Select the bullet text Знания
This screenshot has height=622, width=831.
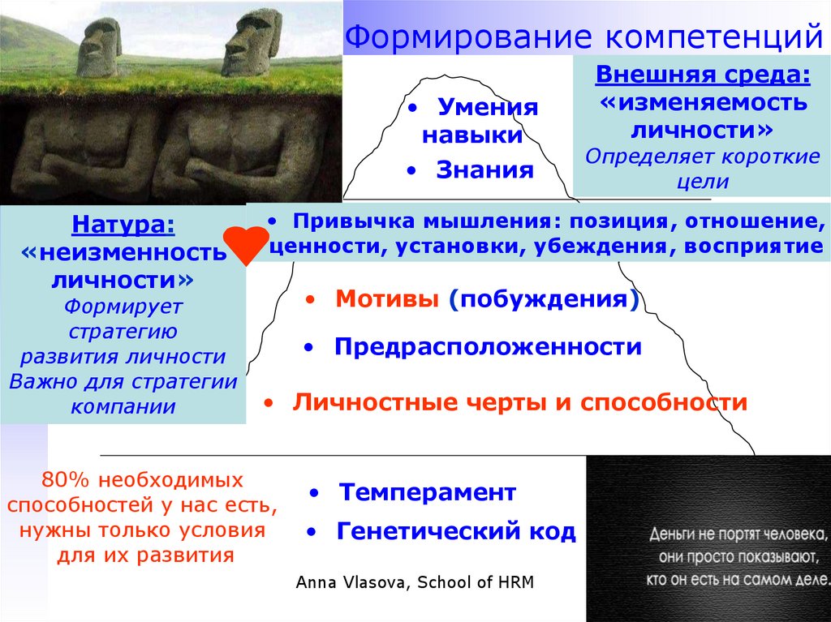point(484,169)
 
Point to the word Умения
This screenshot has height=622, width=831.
point(488,108)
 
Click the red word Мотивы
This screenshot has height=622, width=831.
point(385,299)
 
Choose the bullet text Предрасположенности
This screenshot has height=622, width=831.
point(487,347)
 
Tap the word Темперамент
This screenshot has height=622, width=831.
point(427,491)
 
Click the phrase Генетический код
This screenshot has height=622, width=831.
point(455,531)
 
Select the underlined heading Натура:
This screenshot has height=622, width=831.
point(123,224)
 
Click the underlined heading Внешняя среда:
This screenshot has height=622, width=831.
point(702,75)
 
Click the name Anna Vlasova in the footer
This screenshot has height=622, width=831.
point(352,582)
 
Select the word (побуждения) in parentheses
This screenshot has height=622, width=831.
point(543,299)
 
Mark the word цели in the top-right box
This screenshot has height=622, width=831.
point(703,182)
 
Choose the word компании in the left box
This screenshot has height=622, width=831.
point(123,405)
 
